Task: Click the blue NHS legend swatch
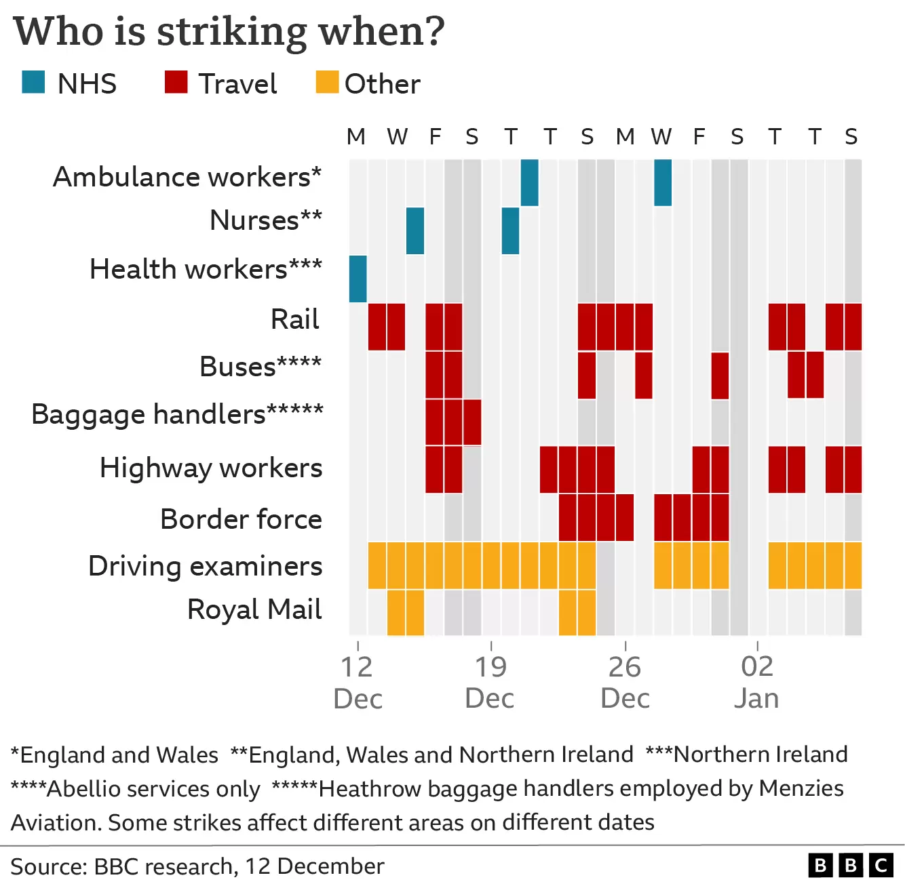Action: point(33,82)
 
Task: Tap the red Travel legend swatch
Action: point(176,82)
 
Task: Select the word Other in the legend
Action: point(383,84)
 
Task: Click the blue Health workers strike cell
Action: point(358,279)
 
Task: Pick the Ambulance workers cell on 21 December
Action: point(530,182)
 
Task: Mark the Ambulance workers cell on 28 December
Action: point(663,182)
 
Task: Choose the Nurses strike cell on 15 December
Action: point(415,231)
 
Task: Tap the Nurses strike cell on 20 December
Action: point(510,231)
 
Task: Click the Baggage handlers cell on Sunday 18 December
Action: point(472,422)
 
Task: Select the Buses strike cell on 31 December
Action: point(720,376)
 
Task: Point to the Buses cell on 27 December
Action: point(644,376)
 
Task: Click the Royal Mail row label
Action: point(254,609)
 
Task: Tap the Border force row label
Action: point(242,519)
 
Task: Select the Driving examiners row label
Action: point(206,565)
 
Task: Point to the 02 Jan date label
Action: point(757,682)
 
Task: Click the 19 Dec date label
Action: point(490,682)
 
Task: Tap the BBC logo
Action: point(851,865)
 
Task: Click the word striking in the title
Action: point(231,33)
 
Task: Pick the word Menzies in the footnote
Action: point(801,788)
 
